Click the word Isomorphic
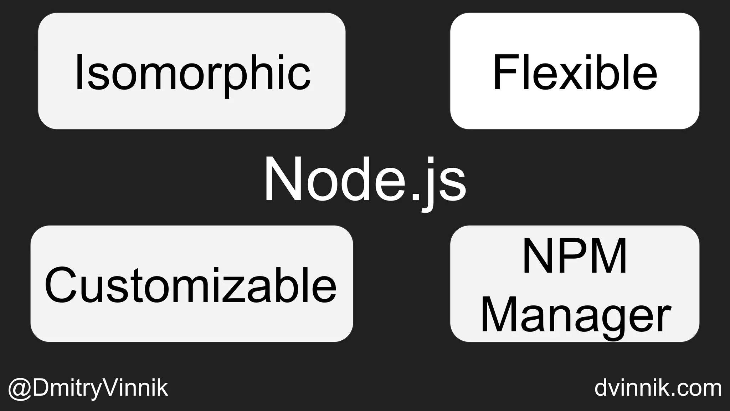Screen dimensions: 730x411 pyautogui.click(x=192, y=73)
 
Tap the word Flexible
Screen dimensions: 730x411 pyautogui.click(x=575, y=73)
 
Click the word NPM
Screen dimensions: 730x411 pyautogui.click(x=575, y=255)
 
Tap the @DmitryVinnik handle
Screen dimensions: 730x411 pyautogui.click(x=88, y=388)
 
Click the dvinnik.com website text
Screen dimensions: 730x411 pyautogui.click(x=658, y=388)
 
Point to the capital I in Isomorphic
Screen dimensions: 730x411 pyautogui.click(x=79, y=72)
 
